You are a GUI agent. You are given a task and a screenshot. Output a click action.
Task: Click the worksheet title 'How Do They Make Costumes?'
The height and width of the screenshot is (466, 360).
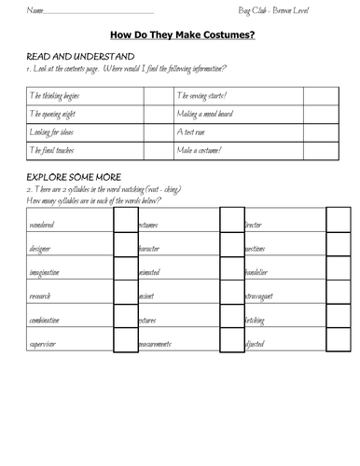coord(182,35)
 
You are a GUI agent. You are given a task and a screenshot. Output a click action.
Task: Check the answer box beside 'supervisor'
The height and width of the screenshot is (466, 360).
coord(125,343)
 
